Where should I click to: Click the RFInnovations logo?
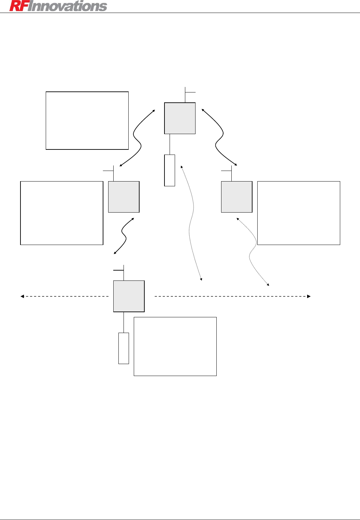click(58, 6)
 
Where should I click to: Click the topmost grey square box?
click(180, 118)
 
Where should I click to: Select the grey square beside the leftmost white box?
click(124, 197)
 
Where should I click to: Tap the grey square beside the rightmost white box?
click(236, 197)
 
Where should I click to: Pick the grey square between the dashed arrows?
click(129, 296)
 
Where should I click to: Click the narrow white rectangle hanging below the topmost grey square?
click(170, 170)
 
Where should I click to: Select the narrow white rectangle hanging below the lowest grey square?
click(124, 348)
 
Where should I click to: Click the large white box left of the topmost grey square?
click(87, 120)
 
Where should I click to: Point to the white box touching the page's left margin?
click(62, 213)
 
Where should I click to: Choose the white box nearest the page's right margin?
click(299, 213)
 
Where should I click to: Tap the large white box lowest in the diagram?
click(175, 346)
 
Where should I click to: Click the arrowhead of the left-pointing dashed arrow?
click(22, 296)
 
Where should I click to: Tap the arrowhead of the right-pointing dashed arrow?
click(309, 296)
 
